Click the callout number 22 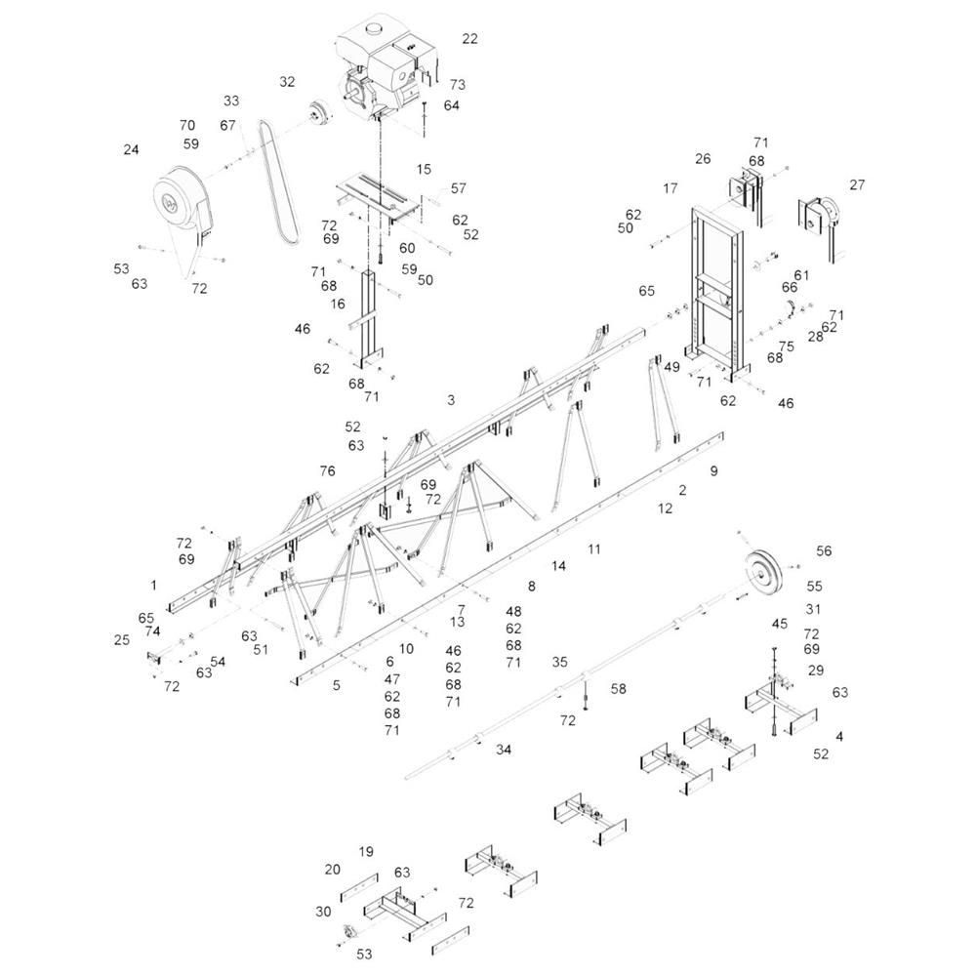tap(470, 39)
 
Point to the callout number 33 tap(231, 101)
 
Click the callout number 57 tap(458, 188)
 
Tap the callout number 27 tap(857, 184)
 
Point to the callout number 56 tap(824, 550)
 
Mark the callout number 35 tap(559, 663)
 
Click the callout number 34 tap(504, 750)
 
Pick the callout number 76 tap(327, 471)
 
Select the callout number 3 tap(451, 399)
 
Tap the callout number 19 tap(366, 851)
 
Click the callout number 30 tap(323, 912)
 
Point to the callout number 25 tap(122, 640)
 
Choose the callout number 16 tap(338, 304)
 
